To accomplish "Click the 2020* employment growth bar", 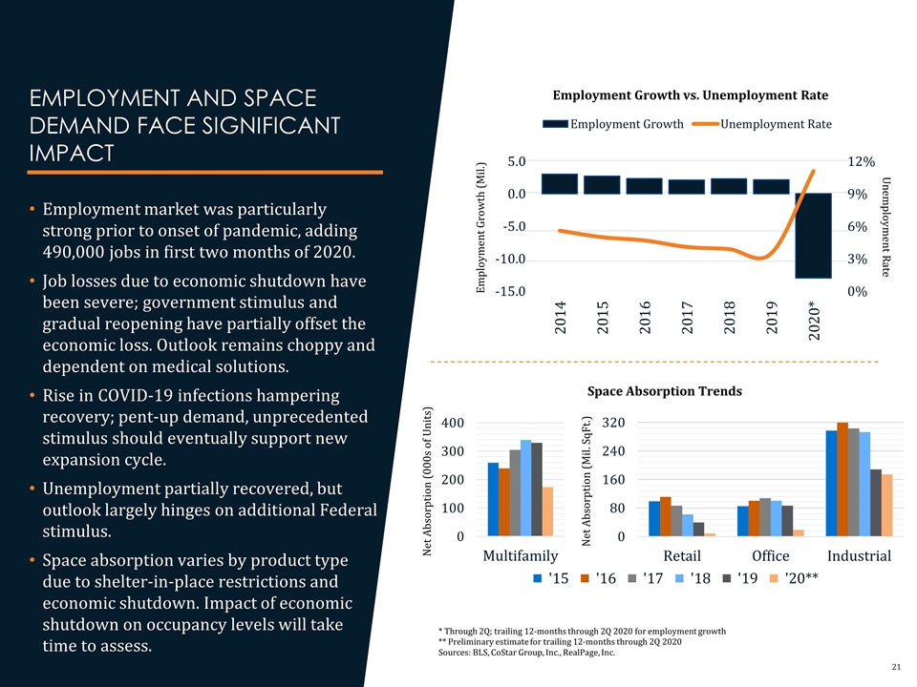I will (814, 236).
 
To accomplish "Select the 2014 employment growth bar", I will (560, 183).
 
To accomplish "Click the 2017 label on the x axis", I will (687, 317).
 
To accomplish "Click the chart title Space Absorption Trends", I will (664, 391).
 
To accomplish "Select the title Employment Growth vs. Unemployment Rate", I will (690, 94).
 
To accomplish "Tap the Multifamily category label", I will (521, 555).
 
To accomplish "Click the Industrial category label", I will (859, 555).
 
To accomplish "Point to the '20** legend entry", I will (795, 578).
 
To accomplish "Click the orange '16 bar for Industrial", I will (842, 479).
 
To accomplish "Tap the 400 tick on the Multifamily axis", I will (454, 423).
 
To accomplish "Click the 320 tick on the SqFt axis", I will (613, 423).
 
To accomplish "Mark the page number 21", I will (896, 664).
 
